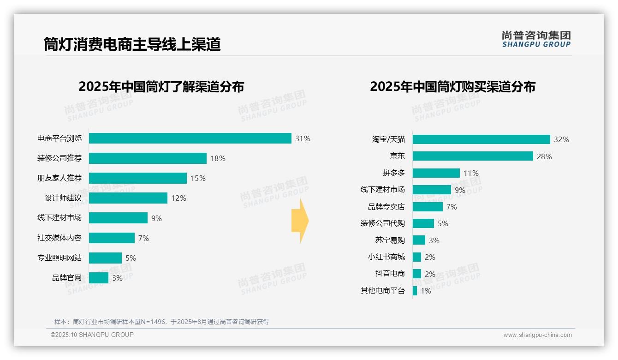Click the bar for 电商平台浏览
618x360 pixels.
coord(190,138)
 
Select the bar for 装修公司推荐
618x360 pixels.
coord(148,158)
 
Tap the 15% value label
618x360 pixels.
coord(198,178)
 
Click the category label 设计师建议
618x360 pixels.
coord(63,198)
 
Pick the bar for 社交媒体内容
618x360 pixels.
coord(112,238)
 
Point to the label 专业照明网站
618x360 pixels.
coord(59,258)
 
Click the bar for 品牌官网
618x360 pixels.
coord(99,278)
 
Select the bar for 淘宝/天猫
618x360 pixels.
coord(481,139)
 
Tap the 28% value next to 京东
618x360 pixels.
coord(544,156)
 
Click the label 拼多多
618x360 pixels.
coord(393,173)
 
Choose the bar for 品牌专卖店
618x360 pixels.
coord(428,207)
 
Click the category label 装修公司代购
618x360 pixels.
coord(382,223)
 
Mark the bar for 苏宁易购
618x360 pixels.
coord(419,240)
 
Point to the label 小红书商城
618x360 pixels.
coord(386,257)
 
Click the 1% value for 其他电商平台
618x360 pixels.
coord(425,291)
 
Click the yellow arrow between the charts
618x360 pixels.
coord(300,221)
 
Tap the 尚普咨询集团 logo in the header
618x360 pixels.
coord(536,39)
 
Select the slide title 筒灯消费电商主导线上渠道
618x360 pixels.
coord(132,44)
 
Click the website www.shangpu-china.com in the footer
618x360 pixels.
coord(537,335)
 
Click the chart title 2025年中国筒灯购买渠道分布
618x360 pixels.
coord(452,87)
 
